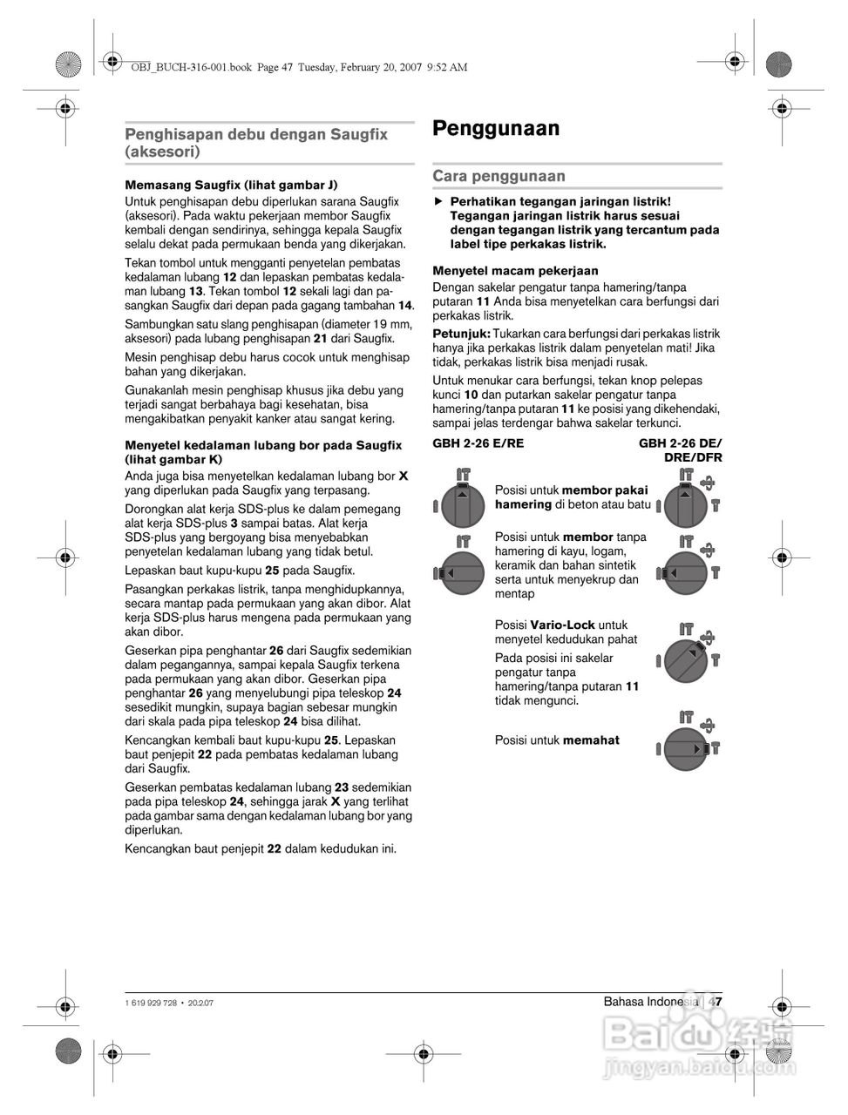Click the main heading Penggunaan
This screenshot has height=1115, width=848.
click(496, 129)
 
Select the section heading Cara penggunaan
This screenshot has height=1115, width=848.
click(499, 176)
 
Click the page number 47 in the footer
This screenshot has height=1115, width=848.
click(716, 1002)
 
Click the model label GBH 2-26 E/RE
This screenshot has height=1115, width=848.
click(478, 443)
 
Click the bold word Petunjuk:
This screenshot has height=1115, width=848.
click(462, 334)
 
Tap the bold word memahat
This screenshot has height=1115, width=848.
click(591, 740)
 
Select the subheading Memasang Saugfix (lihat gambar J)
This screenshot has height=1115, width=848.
click(231, 185)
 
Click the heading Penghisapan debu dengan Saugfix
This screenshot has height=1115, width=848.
click(256, 134)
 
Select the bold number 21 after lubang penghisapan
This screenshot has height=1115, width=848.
click(320, 338)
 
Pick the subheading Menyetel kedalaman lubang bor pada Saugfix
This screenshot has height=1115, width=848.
click(263, 445)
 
